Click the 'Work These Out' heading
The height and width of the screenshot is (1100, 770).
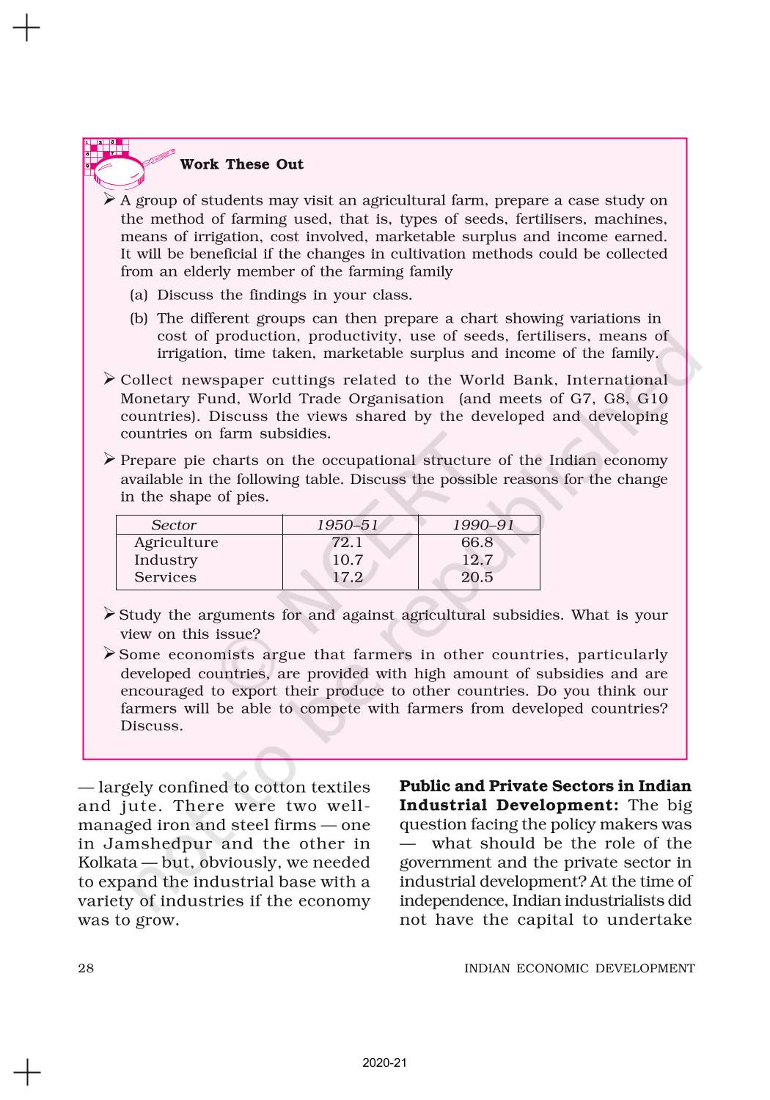click(241, 164)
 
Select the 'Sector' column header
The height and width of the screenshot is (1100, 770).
click(174, 525)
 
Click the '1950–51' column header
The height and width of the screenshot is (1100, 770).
click(347, 525)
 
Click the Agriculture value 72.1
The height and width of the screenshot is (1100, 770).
click(347, 543)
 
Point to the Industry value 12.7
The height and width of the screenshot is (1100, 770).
click(477, 560)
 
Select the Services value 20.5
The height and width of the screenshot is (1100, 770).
click(477, 577)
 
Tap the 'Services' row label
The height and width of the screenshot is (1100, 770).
click(165, 577)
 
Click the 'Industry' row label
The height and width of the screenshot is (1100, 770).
click(166, 560)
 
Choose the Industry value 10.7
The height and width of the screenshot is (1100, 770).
click(347, 560)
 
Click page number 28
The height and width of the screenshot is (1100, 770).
click(86, 968)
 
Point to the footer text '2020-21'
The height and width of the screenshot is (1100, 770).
click(384, 1063)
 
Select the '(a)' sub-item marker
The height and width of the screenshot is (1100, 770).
click(139, 296)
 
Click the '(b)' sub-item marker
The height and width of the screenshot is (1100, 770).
click(139, 319)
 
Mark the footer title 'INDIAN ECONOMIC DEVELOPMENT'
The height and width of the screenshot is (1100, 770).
click(579, 968)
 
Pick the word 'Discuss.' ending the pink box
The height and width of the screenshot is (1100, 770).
click(152, 727)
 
